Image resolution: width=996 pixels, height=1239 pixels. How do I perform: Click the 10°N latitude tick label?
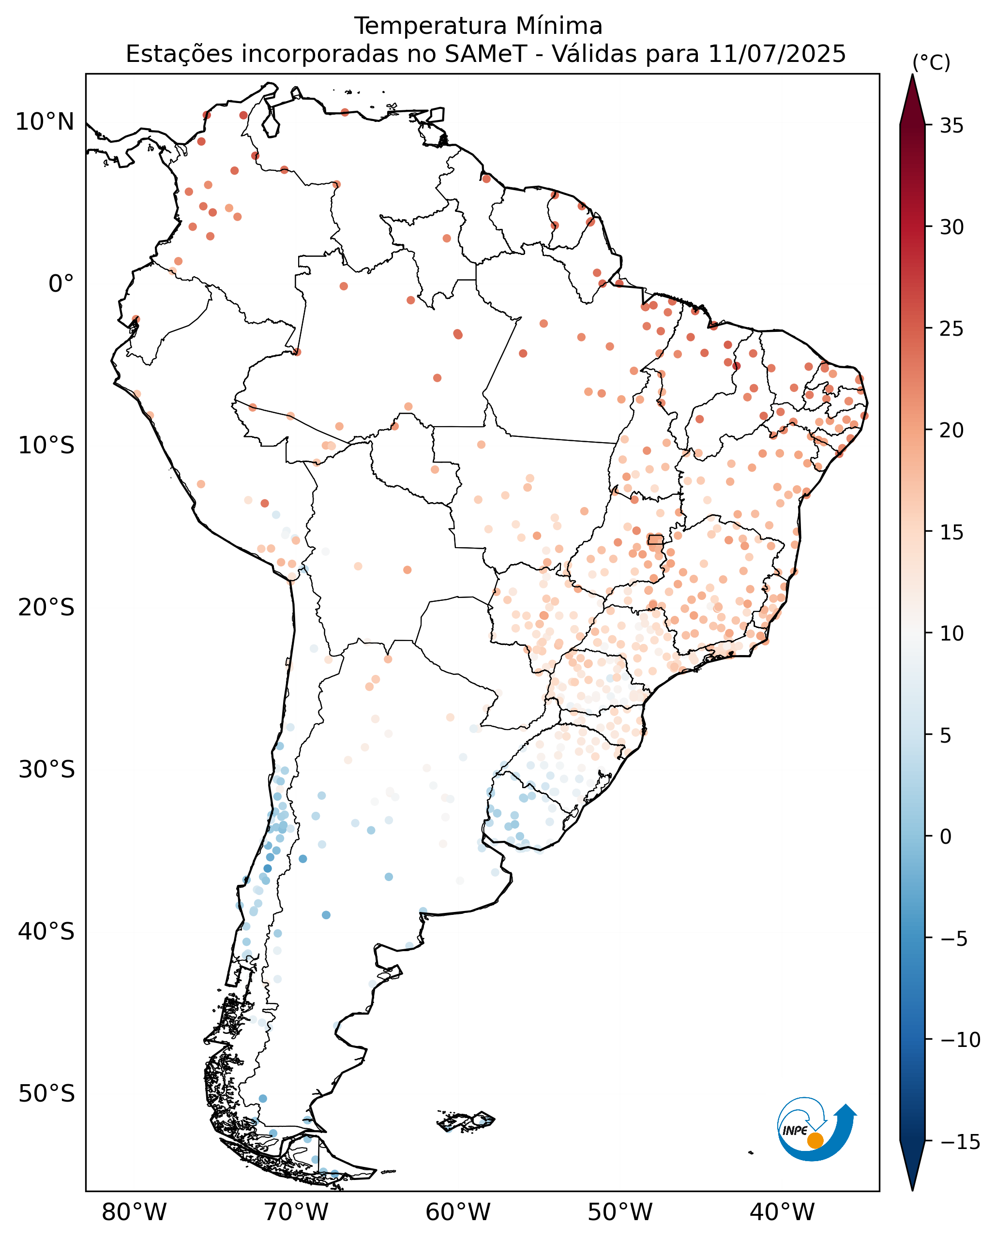click(x=45, y=122)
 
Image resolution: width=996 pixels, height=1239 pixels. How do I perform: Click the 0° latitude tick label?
click(x=61, y=284)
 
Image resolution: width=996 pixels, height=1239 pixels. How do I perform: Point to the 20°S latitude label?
click(x=46, y=608)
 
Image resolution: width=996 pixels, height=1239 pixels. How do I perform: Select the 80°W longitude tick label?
click(x=134, y=1212)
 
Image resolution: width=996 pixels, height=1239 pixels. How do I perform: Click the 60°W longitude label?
click(x=458, y=1212)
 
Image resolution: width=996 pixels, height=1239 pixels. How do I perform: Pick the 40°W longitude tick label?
click(x=782, y=1212)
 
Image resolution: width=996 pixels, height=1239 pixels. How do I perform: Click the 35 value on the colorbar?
click(x=952, y=126)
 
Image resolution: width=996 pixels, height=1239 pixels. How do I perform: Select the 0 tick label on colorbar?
click(x=945, y=837)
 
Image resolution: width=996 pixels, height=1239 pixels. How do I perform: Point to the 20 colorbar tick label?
click(x=952, y=431)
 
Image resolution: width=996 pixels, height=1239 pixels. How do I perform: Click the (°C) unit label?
click(x=932, y=62)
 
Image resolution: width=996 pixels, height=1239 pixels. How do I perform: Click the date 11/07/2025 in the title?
click(x=777, y=54)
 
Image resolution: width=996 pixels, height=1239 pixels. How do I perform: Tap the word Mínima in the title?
click(x=558, y=26)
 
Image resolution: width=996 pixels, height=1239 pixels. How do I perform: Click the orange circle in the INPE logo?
click(x=815, y=1141)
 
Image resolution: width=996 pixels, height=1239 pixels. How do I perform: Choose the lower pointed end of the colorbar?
click(x=912, y=1190)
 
